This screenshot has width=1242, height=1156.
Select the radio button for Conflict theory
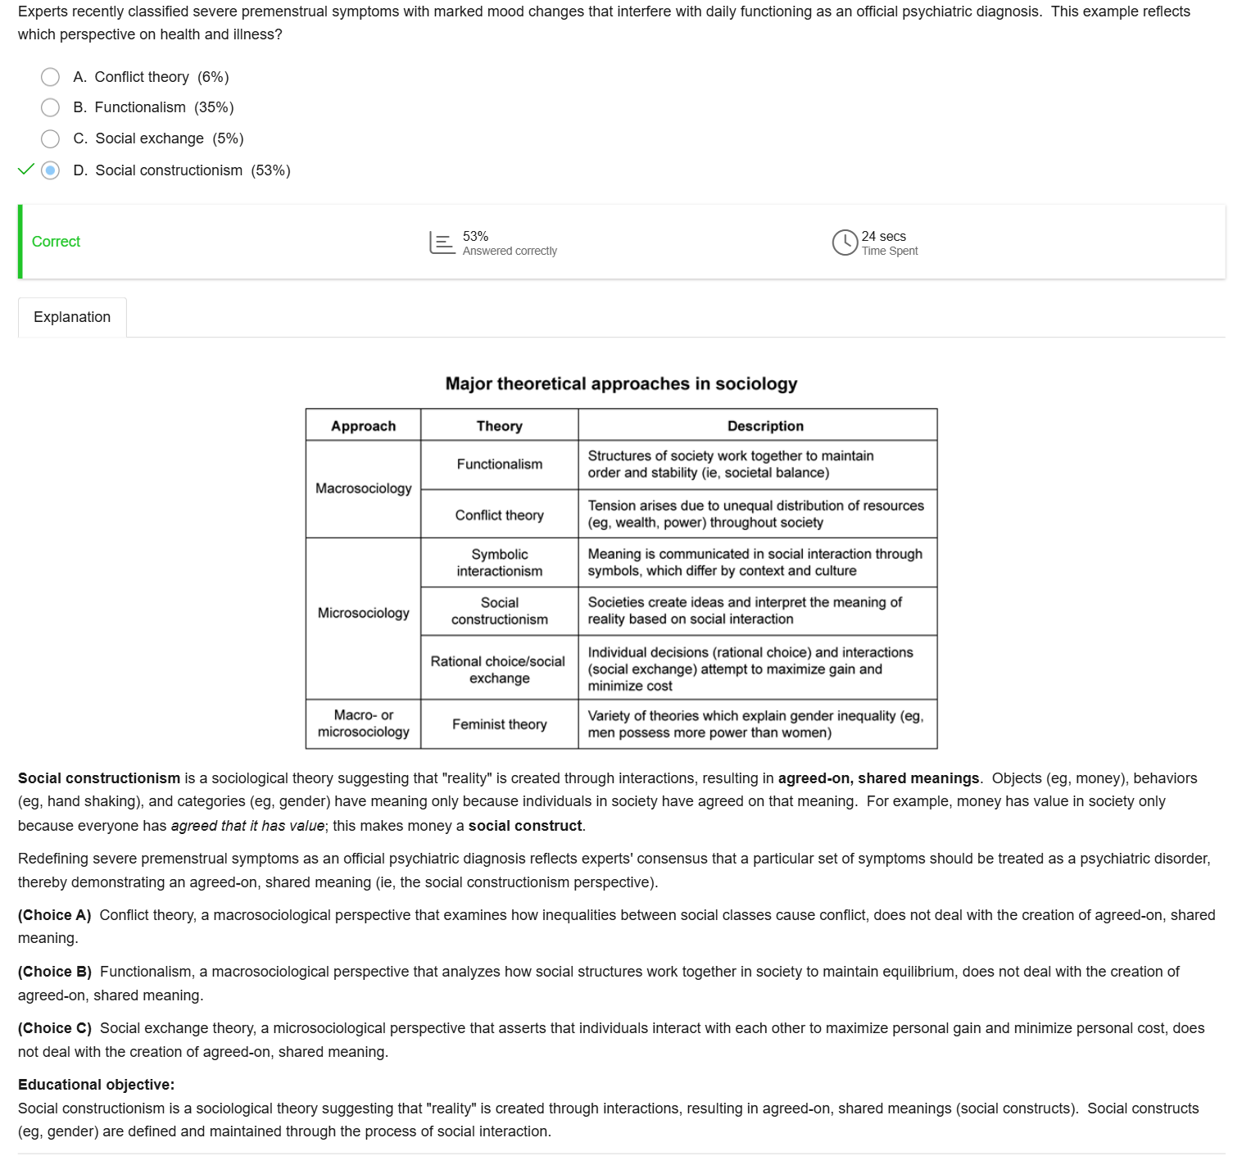[50, 77]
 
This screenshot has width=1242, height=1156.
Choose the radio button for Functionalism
[50, 107]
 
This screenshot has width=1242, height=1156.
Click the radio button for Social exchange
[50, 138]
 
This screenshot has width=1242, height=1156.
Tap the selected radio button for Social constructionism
[50, 170]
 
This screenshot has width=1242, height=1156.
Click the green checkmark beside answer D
[26, 170]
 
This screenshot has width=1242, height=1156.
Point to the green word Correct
[56, 242]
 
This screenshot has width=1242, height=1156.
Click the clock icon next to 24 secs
[845, 243]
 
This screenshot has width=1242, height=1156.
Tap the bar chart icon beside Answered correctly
[442, 243]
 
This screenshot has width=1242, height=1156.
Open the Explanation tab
[72, 317]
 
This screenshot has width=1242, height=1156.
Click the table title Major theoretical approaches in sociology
[621, 383]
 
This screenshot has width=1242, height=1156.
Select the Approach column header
[363, 426]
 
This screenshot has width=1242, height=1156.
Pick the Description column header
[765, 426]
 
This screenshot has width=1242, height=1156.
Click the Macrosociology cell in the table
[363, 488]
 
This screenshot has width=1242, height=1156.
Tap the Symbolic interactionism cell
[499, 563]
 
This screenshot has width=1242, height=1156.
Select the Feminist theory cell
[499, 724]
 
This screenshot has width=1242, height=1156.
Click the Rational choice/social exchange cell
[498, 669]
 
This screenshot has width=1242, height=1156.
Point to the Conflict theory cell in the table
[499, 515]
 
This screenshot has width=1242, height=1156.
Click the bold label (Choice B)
[55, 972]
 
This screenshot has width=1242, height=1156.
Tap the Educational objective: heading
[96, 1085]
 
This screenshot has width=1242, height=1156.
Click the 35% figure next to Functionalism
[214, 107]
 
